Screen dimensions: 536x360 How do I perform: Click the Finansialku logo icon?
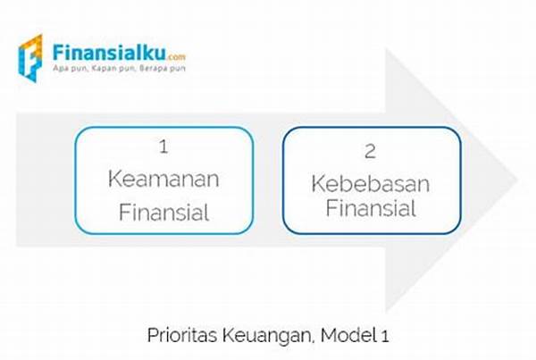click(x=30, y=58)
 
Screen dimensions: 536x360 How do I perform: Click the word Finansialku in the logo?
click(x=109, y=53)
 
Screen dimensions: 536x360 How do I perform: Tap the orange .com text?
click(x=176, y=57)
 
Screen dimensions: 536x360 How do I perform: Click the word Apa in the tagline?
click(x=60, y=69)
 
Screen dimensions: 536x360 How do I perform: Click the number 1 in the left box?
click(x=163, y=147)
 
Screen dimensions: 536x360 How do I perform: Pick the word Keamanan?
click(x=163, y=179)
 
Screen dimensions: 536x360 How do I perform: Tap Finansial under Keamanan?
click(x=163, y=213)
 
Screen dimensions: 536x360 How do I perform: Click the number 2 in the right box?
click(x=370, y=152)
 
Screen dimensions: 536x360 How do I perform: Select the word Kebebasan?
click(x=370, y=184)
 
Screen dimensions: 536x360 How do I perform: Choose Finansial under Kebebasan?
click(x=371, y=208)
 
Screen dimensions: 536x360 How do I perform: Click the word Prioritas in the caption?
click(x=182, y=335)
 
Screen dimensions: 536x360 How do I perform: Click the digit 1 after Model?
click(x=384, y=337)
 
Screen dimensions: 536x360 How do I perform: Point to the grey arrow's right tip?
click(x=518, y=179)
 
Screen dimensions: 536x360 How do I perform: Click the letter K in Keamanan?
click(x=115, y=179)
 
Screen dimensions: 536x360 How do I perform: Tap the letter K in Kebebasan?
click(x=318, y=184)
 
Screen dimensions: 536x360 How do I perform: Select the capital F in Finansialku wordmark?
click(x=58, y=53)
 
